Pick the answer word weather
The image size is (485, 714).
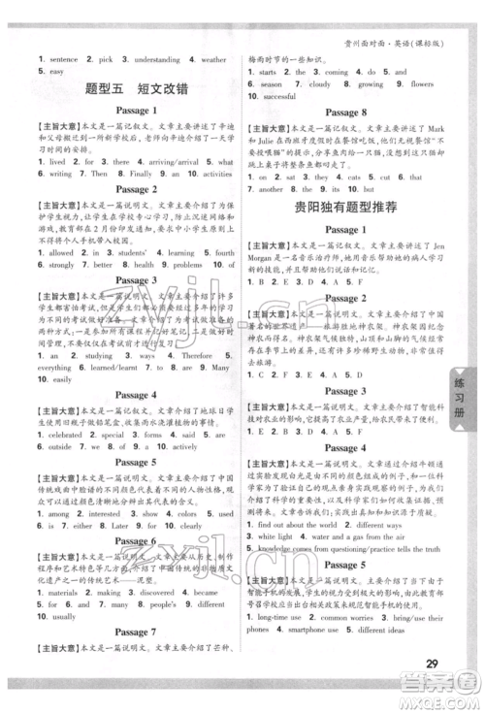(x=215, y=59)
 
